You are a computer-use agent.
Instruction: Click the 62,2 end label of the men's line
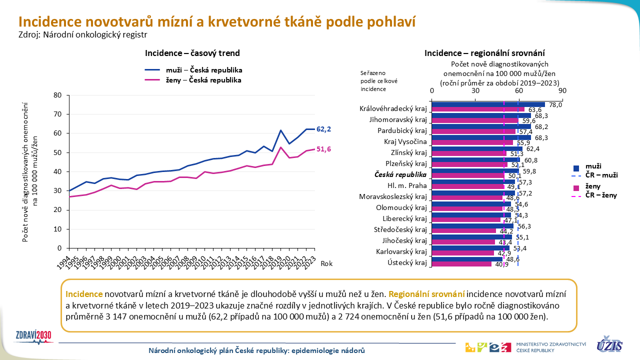pyautogui.click(x=324, y=129)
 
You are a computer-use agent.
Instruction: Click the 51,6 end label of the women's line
pyautogui.click(x=324, y=149)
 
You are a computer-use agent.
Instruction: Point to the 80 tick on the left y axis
pyautogui.click(x=57, y=95)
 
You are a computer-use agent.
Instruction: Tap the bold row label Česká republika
pyautogui.click(x=401, y=175)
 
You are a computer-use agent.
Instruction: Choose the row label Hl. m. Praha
pyautogui.click(x=410, y=186)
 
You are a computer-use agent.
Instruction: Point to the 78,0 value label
pyautogui.click(x=555, y=105)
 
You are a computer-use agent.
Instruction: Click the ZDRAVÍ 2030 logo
pyautogui.click(x=33, y=335)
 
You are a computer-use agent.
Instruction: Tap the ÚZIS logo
pyautogui.click(x=609, y=344)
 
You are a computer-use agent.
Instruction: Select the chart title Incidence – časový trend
pyautogui.click(x=192, y=53)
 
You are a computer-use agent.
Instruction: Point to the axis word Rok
pyautogui.click(x=326, y=263)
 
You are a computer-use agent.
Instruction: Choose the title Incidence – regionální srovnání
pyautogui.click(x=484, y=53)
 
